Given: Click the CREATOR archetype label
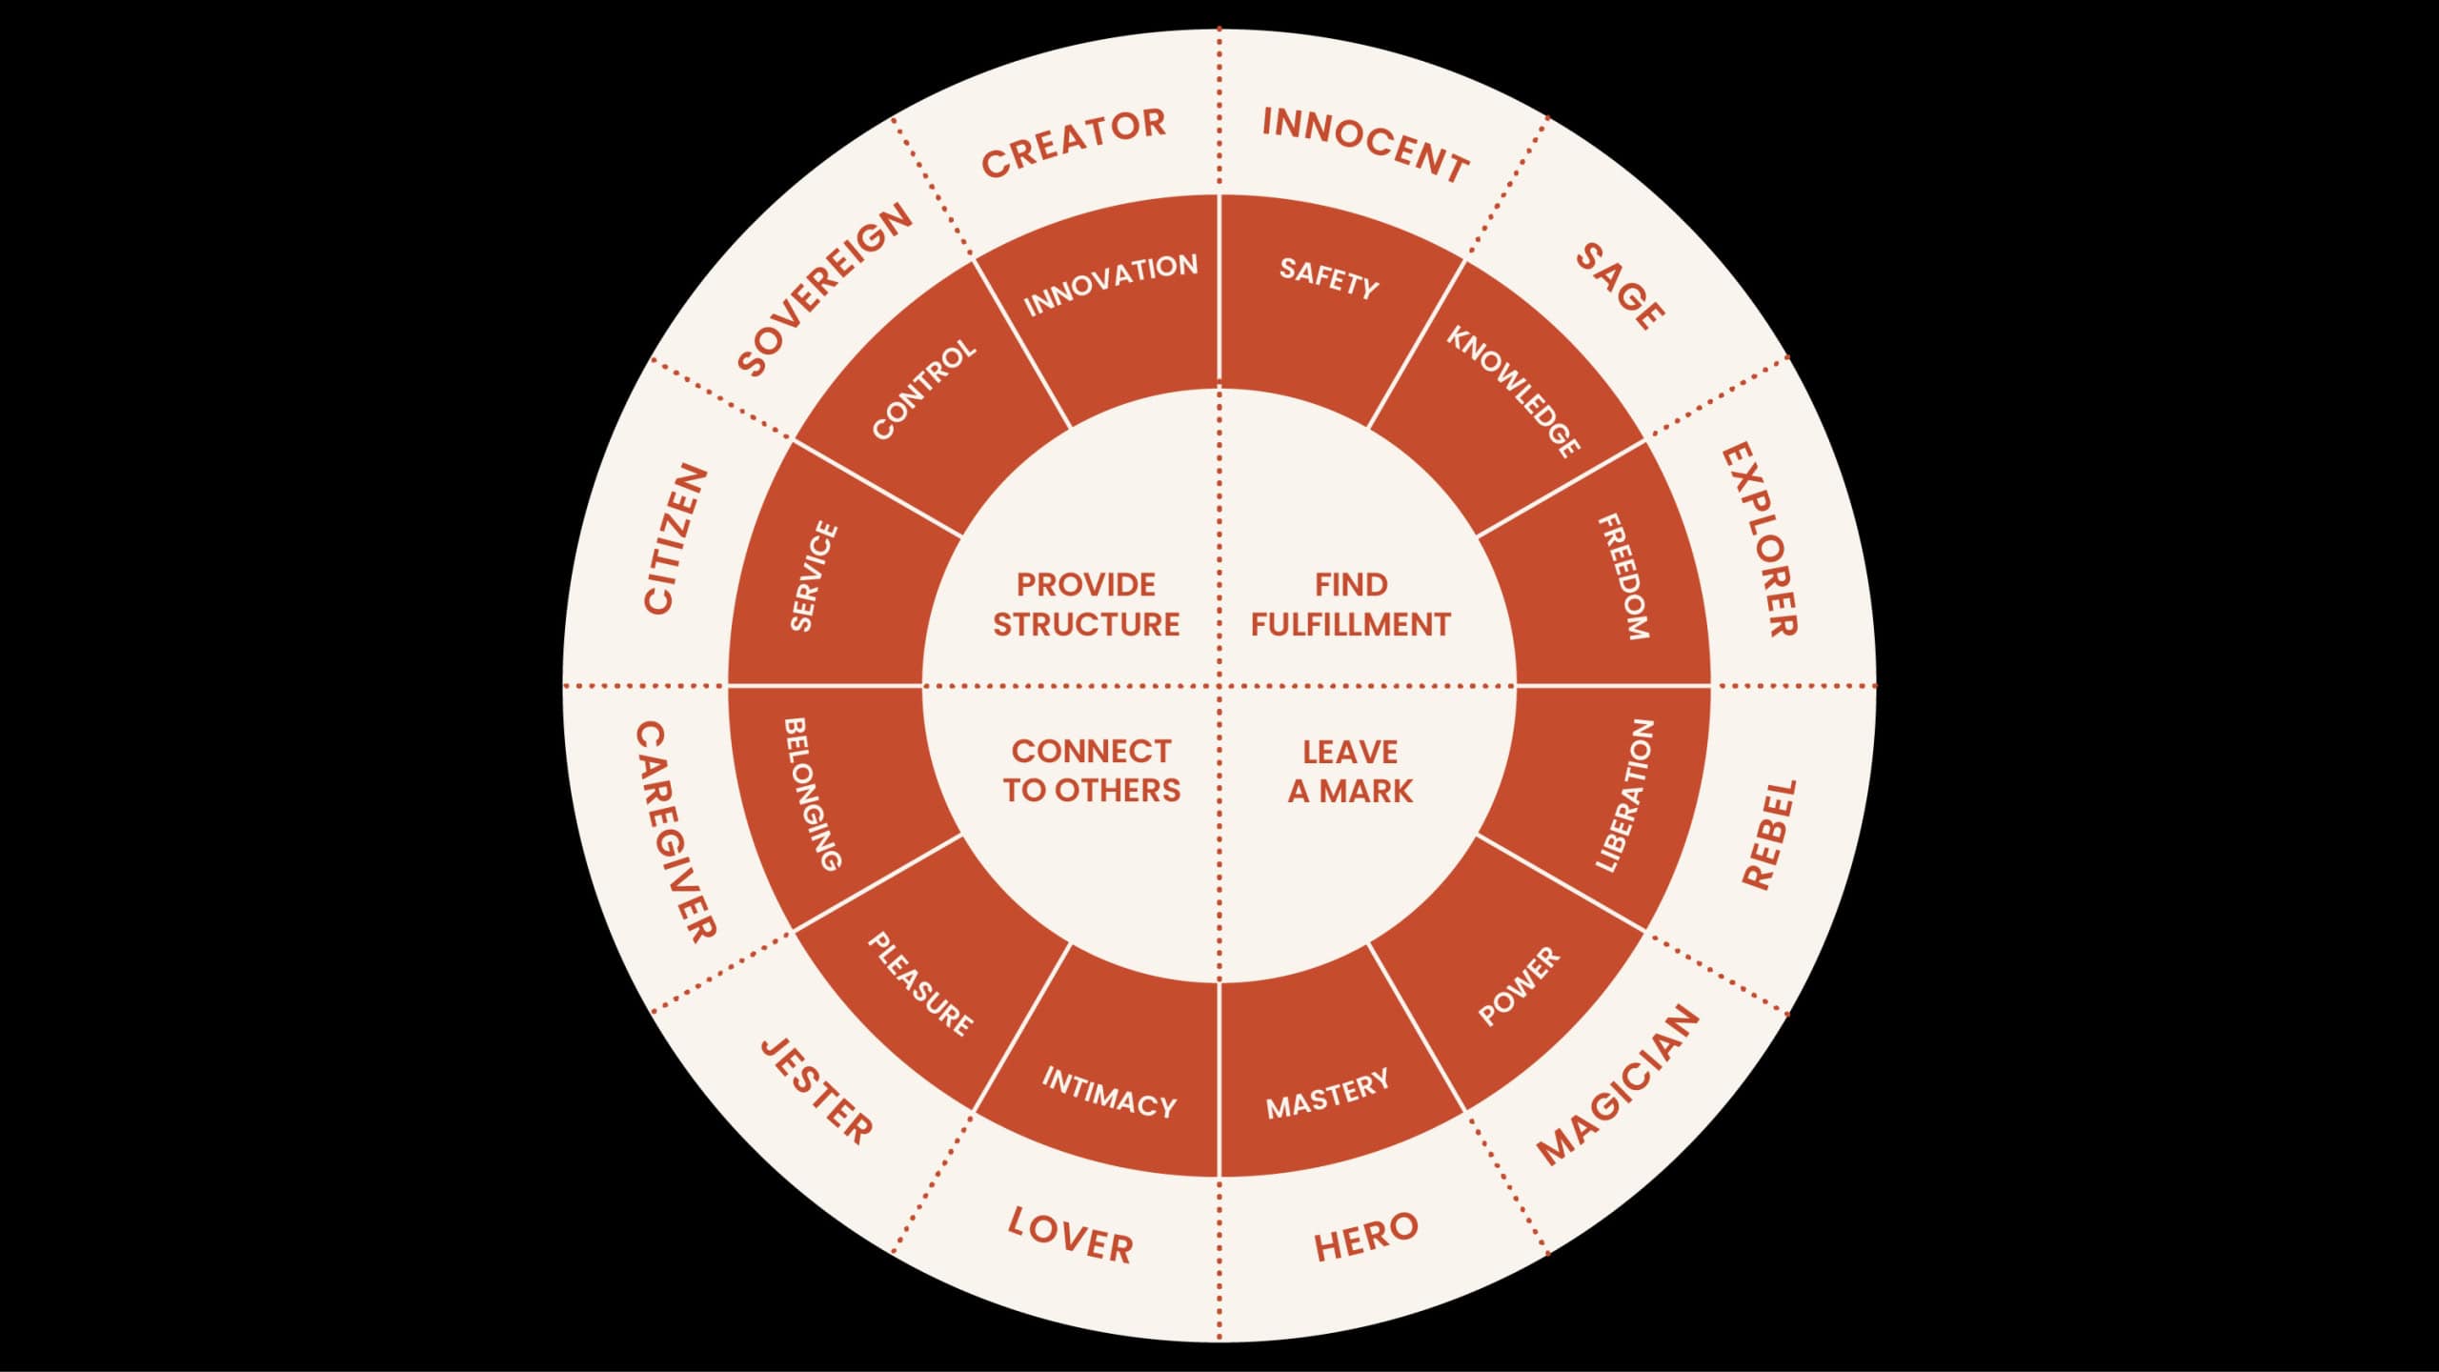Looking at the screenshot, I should point(1074,144).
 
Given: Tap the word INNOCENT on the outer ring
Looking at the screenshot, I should point(1365,145).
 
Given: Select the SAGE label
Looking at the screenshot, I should point(1620,285).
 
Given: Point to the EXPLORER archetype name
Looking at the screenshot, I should point(1760,539).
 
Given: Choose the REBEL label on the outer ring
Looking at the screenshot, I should point(1769,835).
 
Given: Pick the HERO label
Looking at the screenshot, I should point(1365,1237).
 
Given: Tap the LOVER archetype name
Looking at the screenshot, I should point(1071,1236).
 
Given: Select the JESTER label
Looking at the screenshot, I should point(816,1091).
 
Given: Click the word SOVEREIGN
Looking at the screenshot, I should point(825,290).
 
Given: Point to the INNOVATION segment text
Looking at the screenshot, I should point(1111,283).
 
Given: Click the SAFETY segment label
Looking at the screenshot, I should point(1328,278).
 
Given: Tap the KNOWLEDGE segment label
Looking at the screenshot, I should point(1514,391).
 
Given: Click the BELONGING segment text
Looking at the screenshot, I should point(813,794).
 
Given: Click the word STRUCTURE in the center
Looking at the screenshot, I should point(1086,625).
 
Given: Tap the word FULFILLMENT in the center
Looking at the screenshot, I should point(1350,625).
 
